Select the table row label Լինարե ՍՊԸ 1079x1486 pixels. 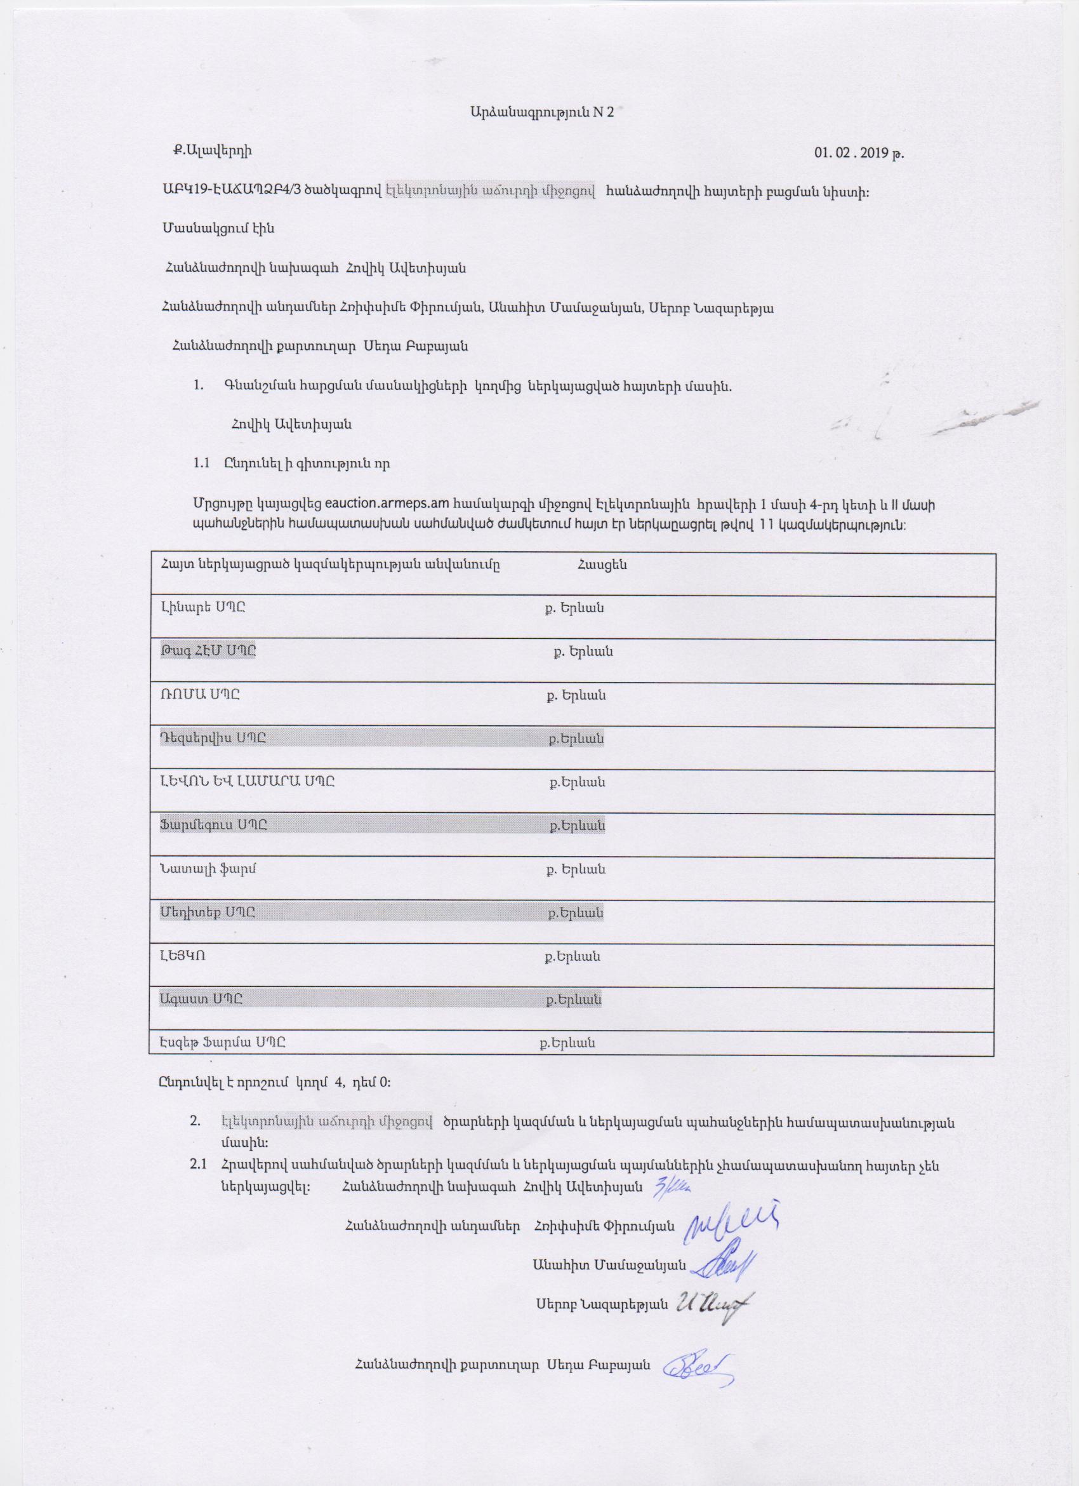point(203,607)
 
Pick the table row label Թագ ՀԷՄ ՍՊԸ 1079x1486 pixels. point(208,652)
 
